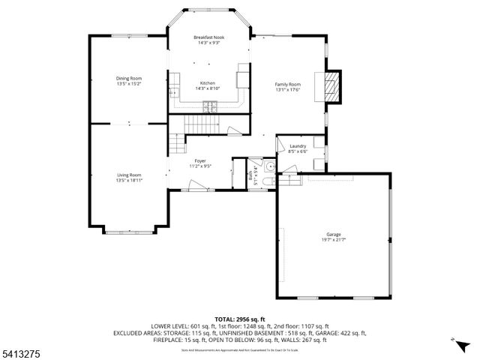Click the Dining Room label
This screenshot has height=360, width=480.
(x=129, y=78)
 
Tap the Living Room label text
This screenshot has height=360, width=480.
(x=129, y=175)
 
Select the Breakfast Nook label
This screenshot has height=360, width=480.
(x=208, y=37)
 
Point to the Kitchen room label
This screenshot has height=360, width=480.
(x=207, y=83)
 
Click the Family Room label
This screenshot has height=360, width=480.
(x=288, y=85)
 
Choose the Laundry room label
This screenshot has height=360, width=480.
(x=298, y=145)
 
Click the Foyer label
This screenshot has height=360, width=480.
(x=200, y=160)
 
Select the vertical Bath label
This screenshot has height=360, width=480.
(x=250, y=178)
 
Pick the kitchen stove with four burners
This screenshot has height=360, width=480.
(x=208, y=109)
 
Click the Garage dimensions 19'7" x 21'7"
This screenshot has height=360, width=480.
(x=334, y=239)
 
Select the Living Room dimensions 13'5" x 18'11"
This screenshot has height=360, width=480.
(x=129, y=180)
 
